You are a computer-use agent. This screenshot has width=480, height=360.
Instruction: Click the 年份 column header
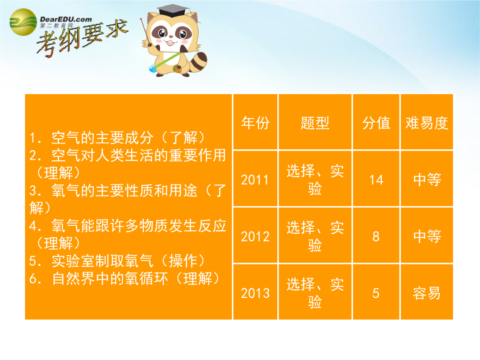pos(255,123)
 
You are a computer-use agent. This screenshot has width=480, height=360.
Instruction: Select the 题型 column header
pos(315,123)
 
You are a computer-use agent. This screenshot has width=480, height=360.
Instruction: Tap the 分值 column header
pos(376,123)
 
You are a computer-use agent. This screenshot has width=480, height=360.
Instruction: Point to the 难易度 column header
pos(426,123)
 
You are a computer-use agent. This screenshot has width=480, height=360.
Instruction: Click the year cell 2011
pos(255,180)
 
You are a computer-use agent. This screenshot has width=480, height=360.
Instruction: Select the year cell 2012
pos(255,236)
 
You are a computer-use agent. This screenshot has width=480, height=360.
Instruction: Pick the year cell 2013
pos(255,293)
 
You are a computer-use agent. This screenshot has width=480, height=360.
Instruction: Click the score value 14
pos(376,180)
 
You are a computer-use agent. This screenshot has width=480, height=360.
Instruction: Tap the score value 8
pos(376,236)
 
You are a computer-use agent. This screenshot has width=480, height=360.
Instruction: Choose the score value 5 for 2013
pos(376,293)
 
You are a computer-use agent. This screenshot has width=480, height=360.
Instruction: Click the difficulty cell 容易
pos(426,293)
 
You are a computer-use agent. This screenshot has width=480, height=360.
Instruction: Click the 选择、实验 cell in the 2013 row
pos(315,293)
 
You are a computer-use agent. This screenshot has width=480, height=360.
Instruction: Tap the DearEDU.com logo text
pos(66,19)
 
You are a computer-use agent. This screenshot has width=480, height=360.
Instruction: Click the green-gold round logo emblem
pos(23,22)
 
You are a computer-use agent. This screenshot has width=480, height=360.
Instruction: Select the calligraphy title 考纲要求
pos(82,39)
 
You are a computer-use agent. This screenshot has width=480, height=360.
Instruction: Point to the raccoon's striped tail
pos(198,63)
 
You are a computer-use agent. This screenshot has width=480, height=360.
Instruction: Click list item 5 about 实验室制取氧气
pos(117,261)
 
